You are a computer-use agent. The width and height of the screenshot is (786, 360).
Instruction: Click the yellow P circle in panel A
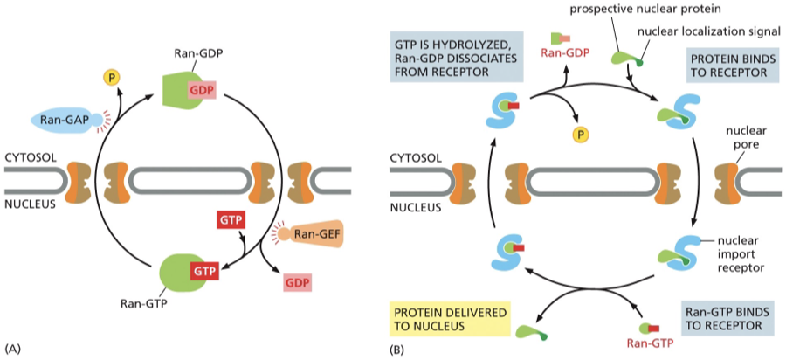(111, 78)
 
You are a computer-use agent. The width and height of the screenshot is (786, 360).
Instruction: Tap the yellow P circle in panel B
(578, 135)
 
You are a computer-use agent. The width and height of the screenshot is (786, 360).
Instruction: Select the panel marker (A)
(12, 349)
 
